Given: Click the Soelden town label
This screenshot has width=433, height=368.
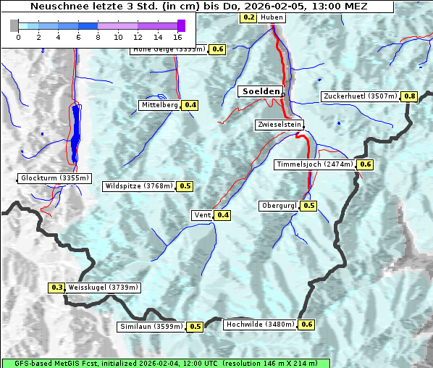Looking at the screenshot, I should (260, 91).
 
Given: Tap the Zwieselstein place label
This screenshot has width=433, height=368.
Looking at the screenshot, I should (279, 125).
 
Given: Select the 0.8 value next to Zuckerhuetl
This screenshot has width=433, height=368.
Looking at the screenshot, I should (410, 96).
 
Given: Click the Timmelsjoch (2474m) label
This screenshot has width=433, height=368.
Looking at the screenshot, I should (315, 164).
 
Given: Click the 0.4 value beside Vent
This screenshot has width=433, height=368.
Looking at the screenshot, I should (223, 214).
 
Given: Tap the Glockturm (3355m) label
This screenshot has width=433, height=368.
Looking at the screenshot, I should (55, 178).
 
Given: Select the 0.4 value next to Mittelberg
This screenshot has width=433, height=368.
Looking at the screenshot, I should (190, 105).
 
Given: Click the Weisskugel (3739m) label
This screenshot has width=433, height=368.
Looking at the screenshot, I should (103, 288).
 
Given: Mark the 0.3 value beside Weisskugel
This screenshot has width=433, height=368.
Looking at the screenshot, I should (57, 288).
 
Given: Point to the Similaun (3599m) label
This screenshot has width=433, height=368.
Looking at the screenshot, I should (151, 327).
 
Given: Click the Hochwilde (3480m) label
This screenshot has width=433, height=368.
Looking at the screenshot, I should (260, 325).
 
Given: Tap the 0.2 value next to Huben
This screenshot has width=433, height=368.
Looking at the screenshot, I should (248, 17).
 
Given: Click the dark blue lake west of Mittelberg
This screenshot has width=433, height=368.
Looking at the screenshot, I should (75, 134).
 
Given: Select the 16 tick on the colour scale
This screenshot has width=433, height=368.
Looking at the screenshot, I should (178, 36).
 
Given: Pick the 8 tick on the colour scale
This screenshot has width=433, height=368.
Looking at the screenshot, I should (98, 36).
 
